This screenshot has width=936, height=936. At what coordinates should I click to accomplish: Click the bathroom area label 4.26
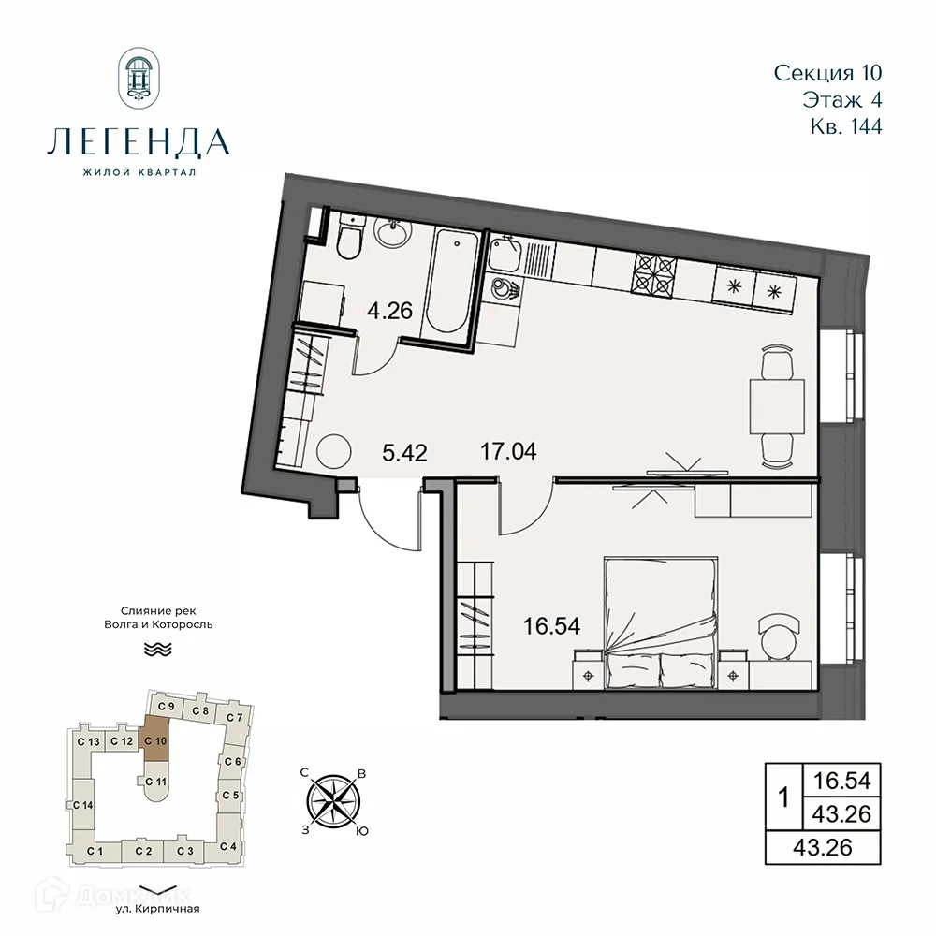(391, 311)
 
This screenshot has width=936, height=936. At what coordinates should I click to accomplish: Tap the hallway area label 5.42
(405, 454)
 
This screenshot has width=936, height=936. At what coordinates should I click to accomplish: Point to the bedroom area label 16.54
(549, 625)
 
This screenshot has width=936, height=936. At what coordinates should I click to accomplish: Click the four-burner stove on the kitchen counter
(655, 273)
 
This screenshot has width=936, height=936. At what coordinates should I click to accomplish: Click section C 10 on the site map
(156, 739)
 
